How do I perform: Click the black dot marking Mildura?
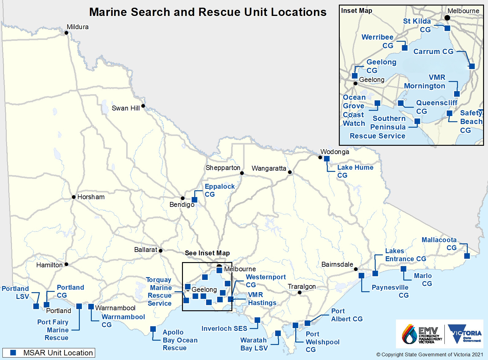pyautogui.click(x=66, y=33)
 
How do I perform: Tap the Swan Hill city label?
pyautogui.click(x=126, y=108)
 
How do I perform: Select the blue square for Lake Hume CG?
pyautogui.click(x=327, y=159)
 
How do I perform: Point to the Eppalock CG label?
pyautogui.click(x=219, y=190)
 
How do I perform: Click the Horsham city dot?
pyautogui.click(x=74, y=197)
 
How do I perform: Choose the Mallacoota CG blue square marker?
pyautogui.click(x=467, y=256)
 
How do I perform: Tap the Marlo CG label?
pyautogui.click(x=423, y=280)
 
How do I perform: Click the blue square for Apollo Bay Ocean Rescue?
pyautogui.click(x=153, y=329)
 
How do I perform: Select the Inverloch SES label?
pyautogui.click(x=224, y=328)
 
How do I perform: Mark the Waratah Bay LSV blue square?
pyautogui.click(x=278, y=333)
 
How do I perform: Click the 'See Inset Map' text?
pyautogui.click(x=207, y=253)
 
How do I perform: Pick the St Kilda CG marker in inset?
pyautogui.click(x=447, y=28)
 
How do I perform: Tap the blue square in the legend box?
pyautogui.click(x=13, y=353)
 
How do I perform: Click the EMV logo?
pyautogui.click(x=422, y=335)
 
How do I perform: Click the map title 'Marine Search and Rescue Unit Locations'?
pyautogui.click(x=208, y=12)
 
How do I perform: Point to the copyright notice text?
pyautogui.click(x=430, y=354)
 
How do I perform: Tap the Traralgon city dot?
pyautogui.click(x=300, y=292)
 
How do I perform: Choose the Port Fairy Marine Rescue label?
pyautogui.click(x=53, y=330)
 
